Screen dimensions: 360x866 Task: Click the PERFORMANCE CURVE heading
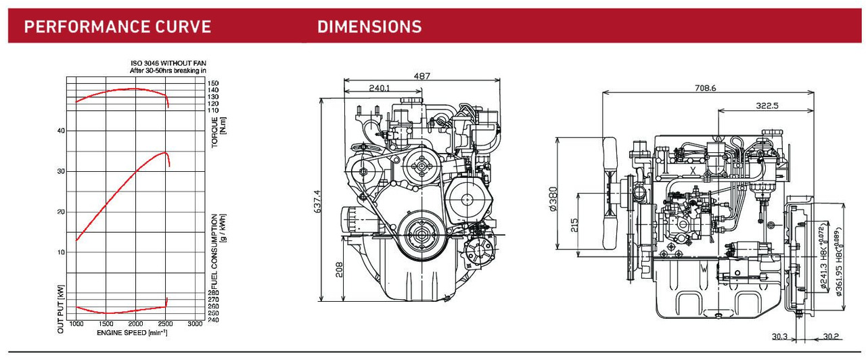pyautogui.click(x=118, y=27)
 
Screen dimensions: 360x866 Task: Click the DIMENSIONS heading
pyautogui.click(x=369, y=27)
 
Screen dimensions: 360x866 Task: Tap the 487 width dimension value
pyautogui.click(x=421, y=76)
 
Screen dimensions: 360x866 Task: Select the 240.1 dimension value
pyautogui.click(x=380, y=88)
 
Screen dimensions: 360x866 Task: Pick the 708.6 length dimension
pyautogui.click(x=705, y=87)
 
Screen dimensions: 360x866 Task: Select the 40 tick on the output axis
pyautogui.click(x=61, y=131)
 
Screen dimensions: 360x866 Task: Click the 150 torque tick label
pyautogui.click(x=213, y=83)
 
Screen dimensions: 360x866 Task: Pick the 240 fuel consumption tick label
pyautogui.click(x=213, y=320)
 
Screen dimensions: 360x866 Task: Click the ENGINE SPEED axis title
pyautogui.click(x=132, y=333)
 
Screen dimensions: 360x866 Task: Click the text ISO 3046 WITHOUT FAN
pyautogui.click(x=168, y=63)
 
